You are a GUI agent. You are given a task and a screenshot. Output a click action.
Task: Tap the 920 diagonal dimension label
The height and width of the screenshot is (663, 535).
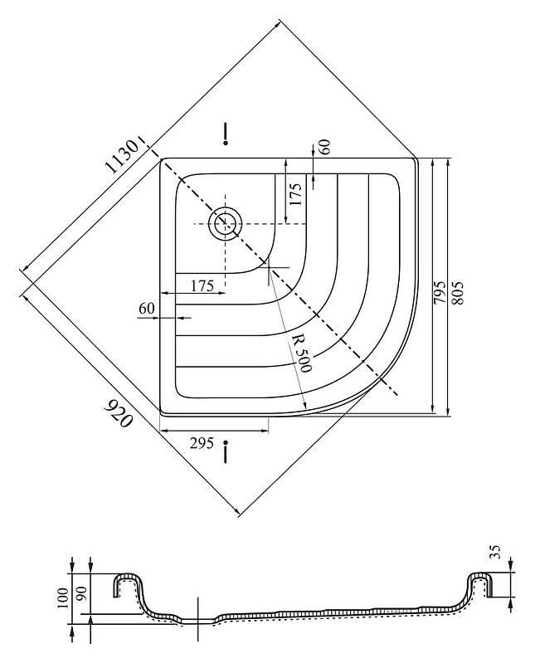119,413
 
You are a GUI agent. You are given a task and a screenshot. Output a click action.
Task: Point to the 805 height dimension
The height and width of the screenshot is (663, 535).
458,292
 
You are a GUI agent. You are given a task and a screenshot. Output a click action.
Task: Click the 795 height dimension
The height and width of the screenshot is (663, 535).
440,291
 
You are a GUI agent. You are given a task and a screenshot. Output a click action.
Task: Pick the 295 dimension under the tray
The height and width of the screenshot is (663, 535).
202,444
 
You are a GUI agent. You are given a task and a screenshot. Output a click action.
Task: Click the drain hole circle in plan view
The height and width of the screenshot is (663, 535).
225,224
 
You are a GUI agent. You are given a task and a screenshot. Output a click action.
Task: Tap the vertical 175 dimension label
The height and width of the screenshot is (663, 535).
296,194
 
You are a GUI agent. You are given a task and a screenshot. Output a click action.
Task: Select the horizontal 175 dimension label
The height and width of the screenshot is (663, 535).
202,286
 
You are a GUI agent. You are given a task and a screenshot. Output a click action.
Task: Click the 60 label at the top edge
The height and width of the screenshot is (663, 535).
324,147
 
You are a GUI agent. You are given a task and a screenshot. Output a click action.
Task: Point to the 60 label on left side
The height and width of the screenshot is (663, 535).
147,309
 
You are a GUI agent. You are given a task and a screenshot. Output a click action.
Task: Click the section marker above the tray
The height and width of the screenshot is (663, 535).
226,134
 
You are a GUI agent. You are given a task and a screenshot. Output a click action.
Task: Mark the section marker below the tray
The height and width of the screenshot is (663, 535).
226,451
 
